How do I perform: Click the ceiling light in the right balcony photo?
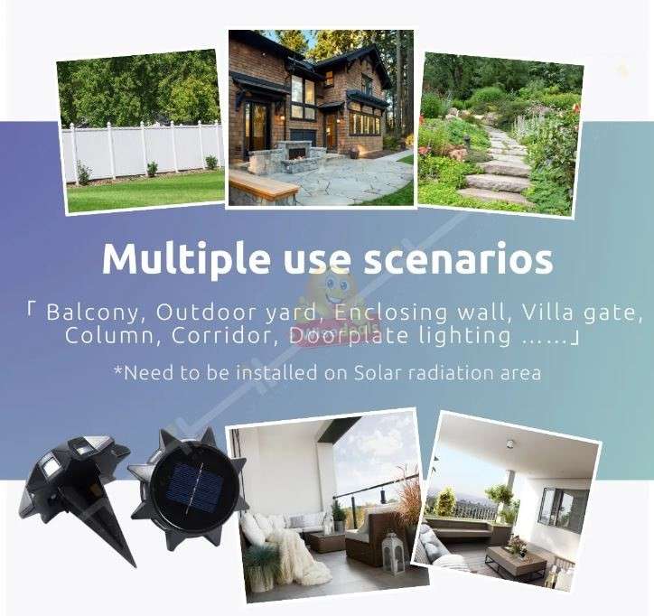[510, 444]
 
